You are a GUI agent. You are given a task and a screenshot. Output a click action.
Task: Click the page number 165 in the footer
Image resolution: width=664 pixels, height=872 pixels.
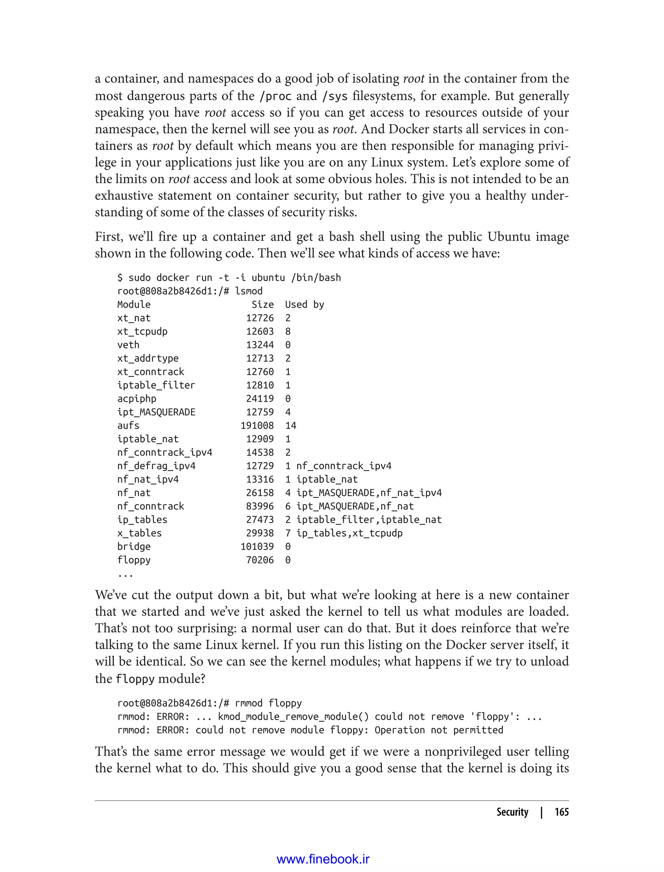pos(561,812)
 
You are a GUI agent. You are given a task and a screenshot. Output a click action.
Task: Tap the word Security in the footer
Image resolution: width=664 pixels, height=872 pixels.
pos(512,812)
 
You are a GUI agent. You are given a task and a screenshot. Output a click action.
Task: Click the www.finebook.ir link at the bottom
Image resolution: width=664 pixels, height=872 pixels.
pos(323,859)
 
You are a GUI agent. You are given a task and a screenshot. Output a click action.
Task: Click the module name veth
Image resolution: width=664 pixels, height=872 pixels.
pos(128,345)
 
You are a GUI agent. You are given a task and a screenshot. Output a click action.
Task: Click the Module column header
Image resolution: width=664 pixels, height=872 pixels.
pos(134,305)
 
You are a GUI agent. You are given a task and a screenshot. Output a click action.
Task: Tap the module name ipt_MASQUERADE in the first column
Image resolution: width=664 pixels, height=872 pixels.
pos(156,412)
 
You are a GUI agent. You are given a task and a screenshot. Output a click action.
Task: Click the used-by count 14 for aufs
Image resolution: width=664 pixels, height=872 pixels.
pos(290,426)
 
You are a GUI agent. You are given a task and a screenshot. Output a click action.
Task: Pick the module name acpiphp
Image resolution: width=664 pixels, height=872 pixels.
pos(137,399)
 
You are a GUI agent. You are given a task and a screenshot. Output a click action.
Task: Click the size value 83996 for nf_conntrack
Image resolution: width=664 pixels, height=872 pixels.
pos(260,506)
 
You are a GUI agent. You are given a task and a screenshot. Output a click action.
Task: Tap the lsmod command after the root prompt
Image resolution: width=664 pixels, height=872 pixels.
pos(249,291)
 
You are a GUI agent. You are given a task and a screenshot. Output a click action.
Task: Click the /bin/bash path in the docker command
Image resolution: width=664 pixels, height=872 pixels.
pos(316,278)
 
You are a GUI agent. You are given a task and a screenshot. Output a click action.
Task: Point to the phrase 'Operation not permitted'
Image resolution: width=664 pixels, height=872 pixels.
pos(439,730)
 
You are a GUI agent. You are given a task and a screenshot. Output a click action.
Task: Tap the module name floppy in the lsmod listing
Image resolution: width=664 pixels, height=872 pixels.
pos(134,560)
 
